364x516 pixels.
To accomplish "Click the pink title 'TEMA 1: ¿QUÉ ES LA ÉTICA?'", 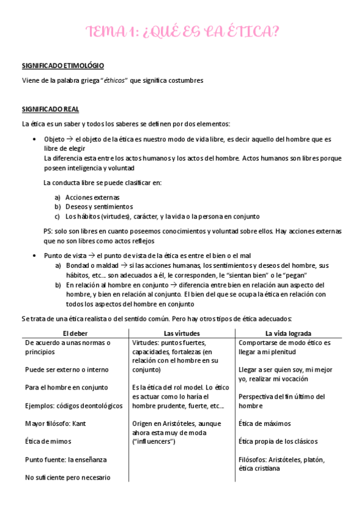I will pyautogui.click(x=182, y=32).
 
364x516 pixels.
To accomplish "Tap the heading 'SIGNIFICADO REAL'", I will pyautogui.click(x=50, y=109).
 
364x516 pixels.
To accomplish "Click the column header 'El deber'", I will pyautogui.click(x=75, y=333).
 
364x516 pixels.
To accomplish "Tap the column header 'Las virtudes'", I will pyautogui.click(x=182, y=333).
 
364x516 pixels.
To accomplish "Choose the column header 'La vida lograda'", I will pyautogui.click(x=289, y=333).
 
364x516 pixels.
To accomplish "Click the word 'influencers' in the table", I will pyautogui.click(x=153, y=441).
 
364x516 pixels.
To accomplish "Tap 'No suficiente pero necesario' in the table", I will pyautogui.click(x=68, y=478).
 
